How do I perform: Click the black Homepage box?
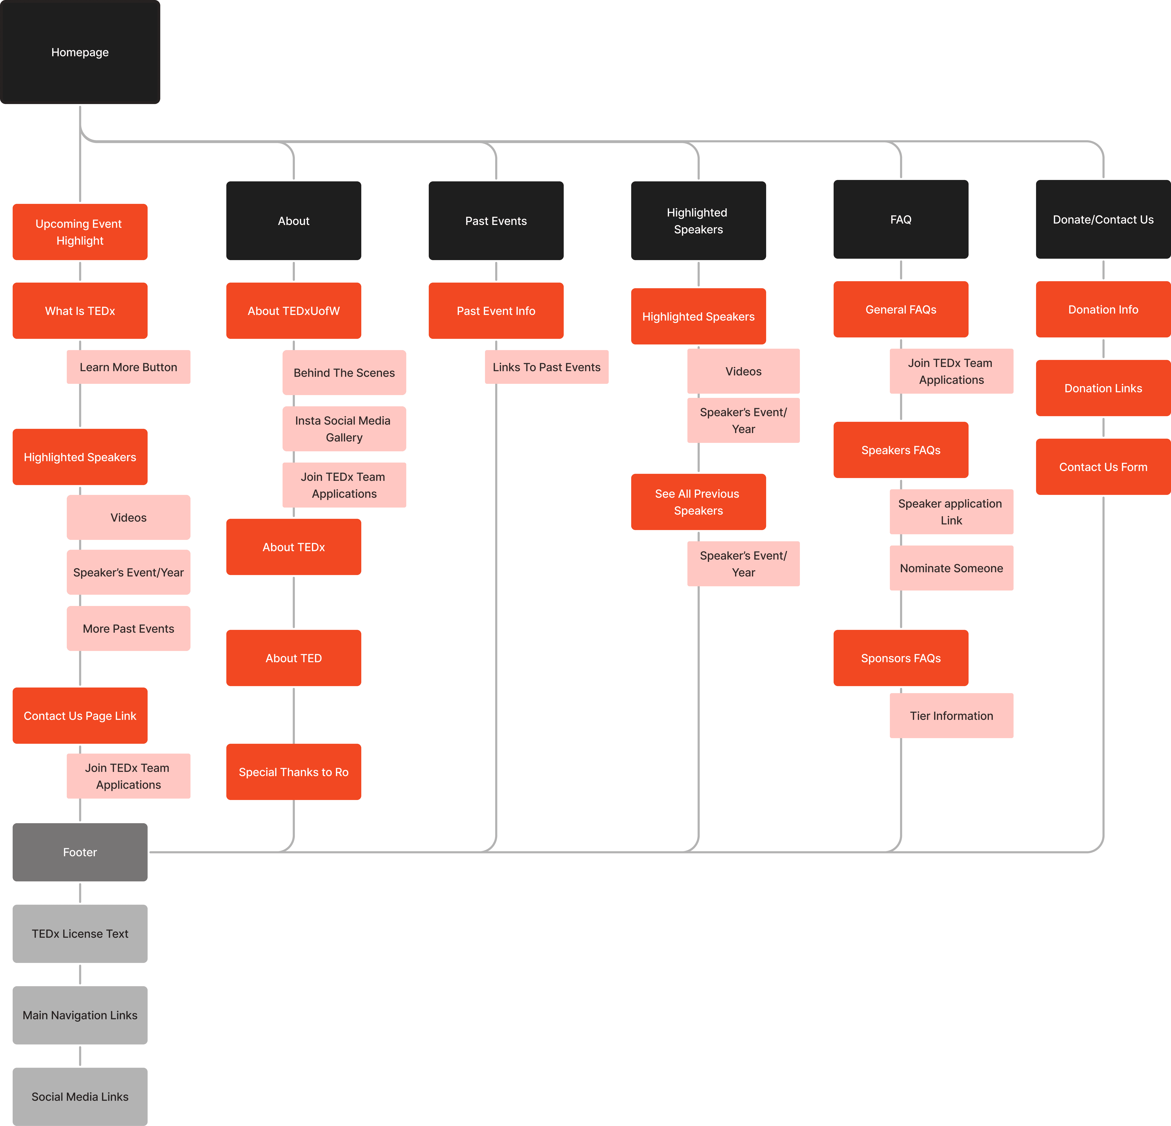[80, 52]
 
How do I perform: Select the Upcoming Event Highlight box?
[80, 232]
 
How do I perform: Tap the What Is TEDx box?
[80, 311]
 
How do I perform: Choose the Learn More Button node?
[128, 367]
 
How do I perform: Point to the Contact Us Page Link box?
[80, 715]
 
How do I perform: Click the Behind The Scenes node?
[344, 372]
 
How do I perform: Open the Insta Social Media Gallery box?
[344, 428]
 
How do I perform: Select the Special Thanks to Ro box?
[293, 772]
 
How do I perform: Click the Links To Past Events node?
[547, 367]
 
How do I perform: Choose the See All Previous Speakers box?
[698, 502]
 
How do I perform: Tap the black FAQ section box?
[901, 219]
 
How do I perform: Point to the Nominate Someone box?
[951, 568]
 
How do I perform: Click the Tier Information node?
[951, 715]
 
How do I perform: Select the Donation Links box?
[1103, 388]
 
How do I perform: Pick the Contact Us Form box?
[1103, 467]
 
